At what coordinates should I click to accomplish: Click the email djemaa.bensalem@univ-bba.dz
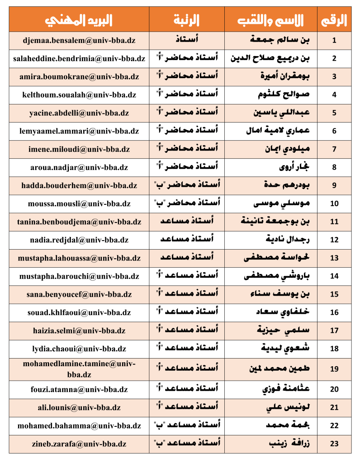[x=79, y=40]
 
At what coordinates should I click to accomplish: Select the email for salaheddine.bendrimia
[x=79, y=58]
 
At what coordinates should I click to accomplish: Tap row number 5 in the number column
[x=334, y=113]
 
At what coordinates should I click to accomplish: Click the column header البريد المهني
[x=79, y=20]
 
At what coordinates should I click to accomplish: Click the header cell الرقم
[x=334, y=20]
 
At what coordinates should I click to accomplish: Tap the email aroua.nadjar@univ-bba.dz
[x=79, y=167]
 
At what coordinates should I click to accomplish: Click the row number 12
[x=334, y=240]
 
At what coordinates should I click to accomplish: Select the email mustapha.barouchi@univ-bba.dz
[x=79, y=276]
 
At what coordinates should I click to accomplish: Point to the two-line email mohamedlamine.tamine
[x=79, y=369]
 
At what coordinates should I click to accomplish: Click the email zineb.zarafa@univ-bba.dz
[x=79, y=444]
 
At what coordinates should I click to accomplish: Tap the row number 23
[x=334, y=444]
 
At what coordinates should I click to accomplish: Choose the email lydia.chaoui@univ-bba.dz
[x=79, y=349]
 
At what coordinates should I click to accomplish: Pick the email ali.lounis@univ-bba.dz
[x=79, y=407]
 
